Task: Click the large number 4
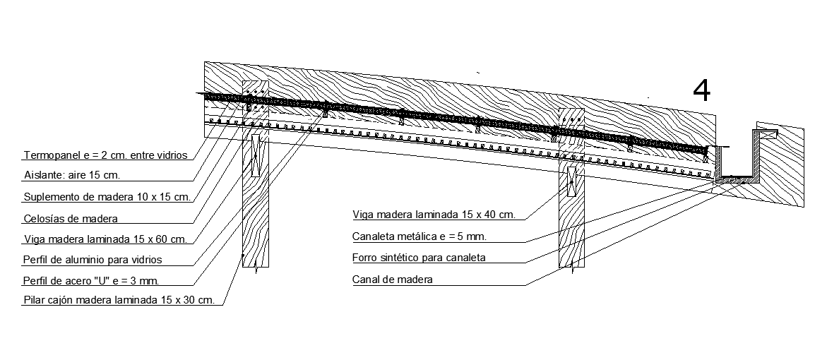tap(701, 91)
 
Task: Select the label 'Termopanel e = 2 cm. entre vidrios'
tap(105, 155)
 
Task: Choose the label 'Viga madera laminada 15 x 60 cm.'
tap(105, 239)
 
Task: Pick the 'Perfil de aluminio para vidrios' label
tap(93, 259)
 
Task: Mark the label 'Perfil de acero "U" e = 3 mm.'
tap(90, 280)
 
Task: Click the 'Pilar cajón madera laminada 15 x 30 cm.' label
tap(119, 300)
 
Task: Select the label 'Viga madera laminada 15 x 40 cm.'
tap(434, 214)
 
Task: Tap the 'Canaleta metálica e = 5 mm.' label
tap(420, 236)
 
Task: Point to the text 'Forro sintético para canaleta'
tap(419, 258)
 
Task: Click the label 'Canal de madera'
tap(392, 280)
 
